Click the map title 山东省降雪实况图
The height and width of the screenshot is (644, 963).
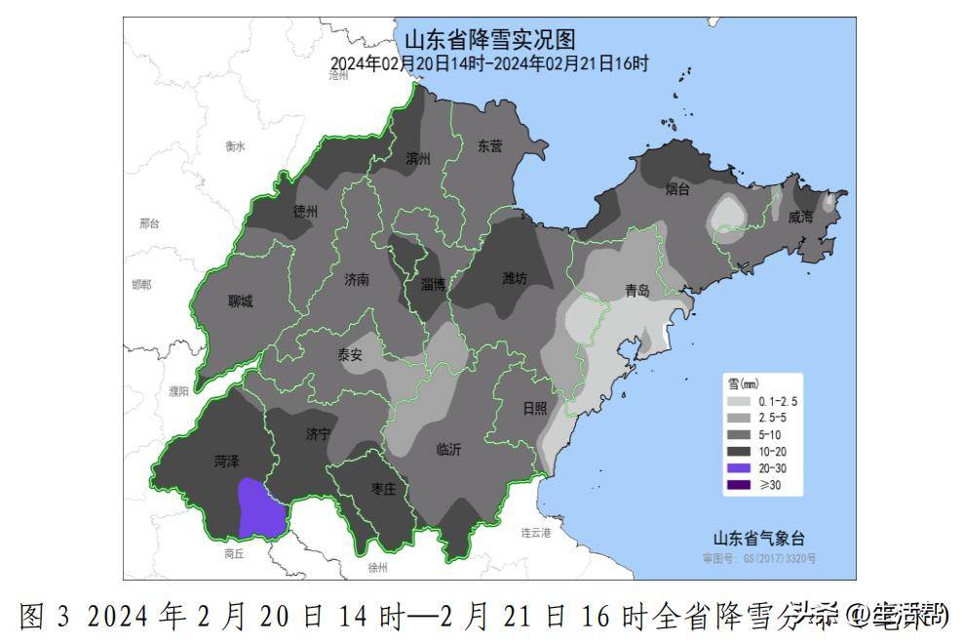click(x=489, y=40)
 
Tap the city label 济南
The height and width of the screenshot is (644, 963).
click(x=357, y=279)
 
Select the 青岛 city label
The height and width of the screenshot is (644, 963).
click(x=636, y=290)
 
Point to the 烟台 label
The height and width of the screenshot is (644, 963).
click(x=677, y=188)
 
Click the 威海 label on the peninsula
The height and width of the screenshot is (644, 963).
click(x=800, y=218)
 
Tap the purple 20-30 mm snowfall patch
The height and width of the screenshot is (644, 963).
click(x=258, y=508)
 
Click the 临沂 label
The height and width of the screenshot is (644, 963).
click(x=448, y=450)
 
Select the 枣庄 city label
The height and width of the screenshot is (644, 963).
click(x=383, y=490)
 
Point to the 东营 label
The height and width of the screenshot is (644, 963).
click(x=490, y=146)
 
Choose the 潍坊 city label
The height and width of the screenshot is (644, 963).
click(x=515, y=278)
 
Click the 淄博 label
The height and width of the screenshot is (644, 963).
click(x=433, y=285)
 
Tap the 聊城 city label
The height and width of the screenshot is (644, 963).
click(x=240, y=302)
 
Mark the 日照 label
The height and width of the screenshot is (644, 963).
click(x=535, y=409)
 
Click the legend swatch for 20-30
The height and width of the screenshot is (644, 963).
click(x=738, y=467)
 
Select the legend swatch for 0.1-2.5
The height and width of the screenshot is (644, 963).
click(x=738, y=402)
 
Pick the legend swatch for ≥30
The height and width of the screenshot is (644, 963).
click(x=738, y=484)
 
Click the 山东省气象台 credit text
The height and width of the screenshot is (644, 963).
click(x=758, y=538)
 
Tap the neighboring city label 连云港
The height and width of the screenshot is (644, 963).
click(x=535, y=533)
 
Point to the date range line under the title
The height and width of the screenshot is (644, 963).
click(x=489, y=63)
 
